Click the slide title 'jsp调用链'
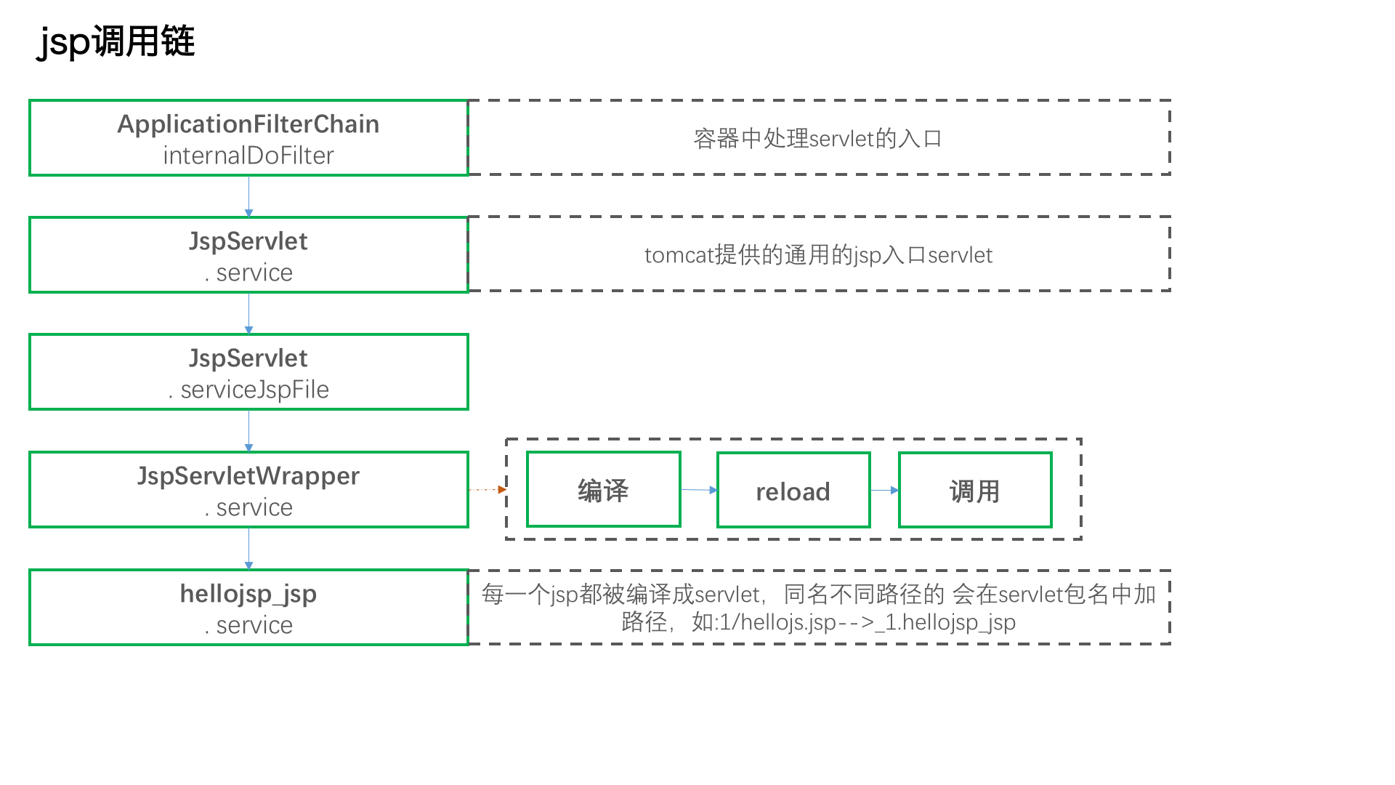click(x=116, y=41)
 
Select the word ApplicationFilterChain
click(x=248, y=124)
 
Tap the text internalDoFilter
click(x=248, y=156)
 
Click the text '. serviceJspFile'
click(x=248, y=390)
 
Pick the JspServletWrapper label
click(x=248, y=476)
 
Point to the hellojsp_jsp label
click(x=248, y=595)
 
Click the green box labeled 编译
click(x=604, y=490)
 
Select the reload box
click(x=793, y=490)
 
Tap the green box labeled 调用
click(x=975, y=490)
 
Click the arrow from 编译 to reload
click(x=699, y=490)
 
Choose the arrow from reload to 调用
click(x=885, y=490)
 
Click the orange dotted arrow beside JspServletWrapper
click(x=488, y=490)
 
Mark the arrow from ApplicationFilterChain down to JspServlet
click(x=248, y=196)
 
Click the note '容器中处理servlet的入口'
click(x=818, y=138)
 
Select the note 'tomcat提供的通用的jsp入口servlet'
click(x=818, y=255)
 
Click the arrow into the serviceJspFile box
click(x=248, y=313)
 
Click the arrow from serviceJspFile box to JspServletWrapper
click(x=248, y=431)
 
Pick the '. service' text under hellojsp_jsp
click(x=248, y=625)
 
